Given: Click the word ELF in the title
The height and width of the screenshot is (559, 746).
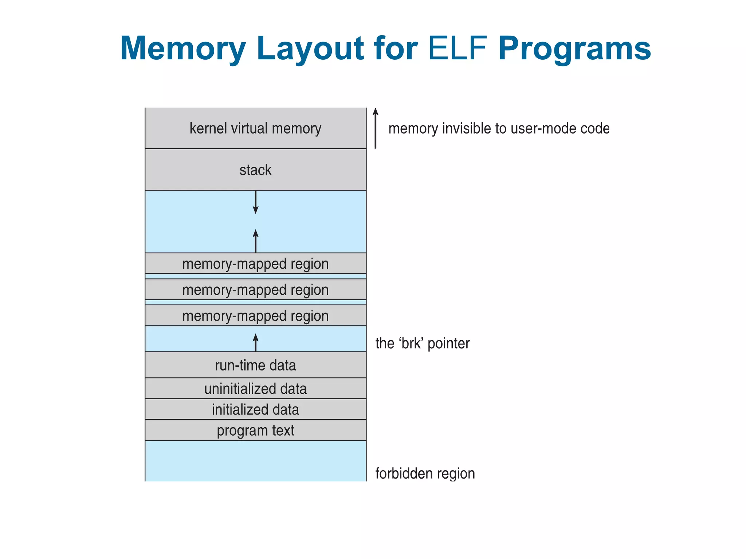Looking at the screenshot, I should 458,48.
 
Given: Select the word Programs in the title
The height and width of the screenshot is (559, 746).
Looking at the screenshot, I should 574,48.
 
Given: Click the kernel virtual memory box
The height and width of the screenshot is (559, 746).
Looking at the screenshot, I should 255,128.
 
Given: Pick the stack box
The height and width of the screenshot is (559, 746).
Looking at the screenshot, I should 255,170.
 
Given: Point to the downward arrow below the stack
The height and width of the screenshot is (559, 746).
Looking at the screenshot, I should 255,202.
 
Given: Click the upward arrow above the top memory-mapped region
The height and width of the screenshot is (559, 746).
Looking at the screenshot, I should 255,241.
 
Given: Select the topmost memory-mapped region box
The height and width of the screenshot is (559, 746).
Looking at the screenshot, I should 255,263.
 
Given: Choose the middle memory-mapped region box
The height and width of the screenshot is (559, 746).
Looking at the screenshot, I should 255,290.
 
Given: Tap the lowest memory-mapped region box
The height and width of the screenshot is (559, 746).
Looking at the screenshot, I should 255,316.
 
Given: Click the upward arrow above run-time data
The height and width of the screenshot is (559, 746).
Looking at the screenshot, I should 255,342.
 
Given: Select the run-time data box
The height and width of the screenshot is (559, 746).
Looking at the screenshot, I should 255,365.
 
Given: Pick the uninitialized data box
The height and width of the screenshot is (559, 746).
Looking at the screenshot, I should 255,388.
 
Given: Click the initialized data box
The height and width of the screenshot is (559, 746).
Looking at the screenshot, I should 255,409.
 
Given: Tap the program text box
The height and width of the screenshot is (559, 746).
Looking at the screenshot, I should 255,430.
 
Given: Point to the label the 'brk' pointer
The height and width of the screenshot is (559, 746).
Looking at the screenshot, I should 423,343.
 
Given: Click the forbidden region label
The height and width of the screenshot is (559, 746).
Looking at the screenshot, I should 425,473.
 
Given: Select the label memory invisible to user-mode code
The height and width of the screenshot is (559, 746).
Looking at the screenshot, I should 499,128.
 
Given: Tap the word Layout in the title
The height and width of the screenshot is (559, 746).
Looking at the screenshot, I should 310,48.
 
